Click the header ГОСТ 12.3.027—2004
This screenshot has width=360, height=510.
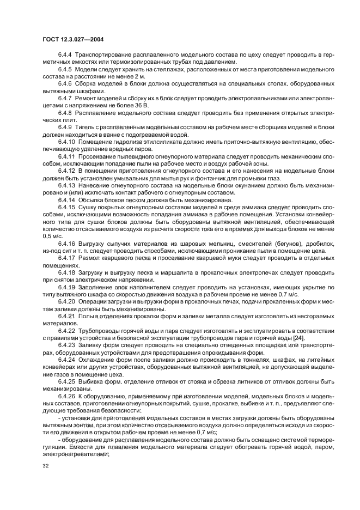(x=73, y=39)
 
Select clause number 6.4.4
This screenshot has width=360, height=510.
(x=65, y=56)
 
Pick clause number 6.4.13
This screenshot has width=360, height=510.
(x=67, y=185)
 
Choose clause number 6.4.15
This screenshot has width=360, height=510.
(x=67, y=207)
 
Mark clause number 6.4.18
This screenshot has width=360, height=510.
(x=67, y=271)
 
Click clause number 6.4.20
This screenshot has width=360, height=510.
(x=67, y=300)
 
